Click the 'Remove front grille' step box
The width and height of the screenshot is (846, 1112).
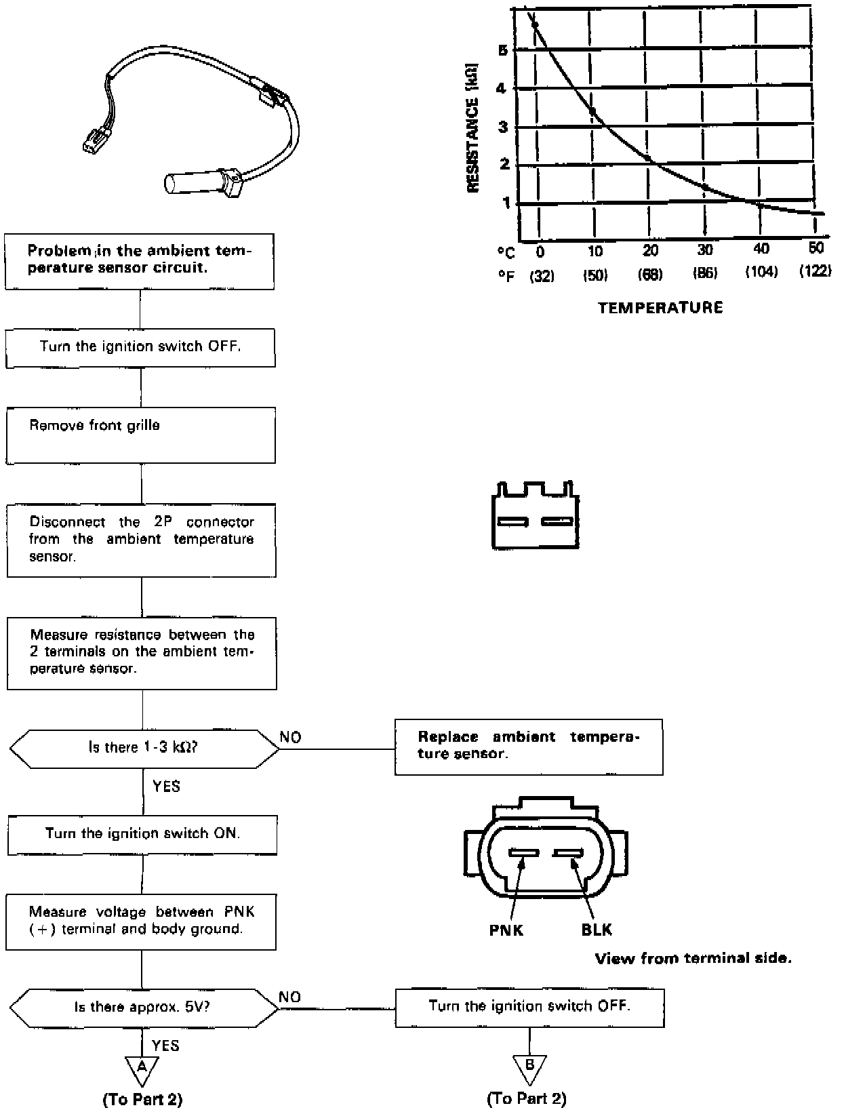click(141, 435)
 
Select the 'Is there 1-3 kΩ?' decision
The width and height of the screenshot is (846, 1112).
click(144, 748)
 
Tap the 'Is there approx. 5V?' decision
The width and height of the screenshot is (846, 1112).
click(144, 1007)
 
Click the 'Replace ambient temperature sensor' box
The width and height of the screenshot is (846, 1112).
click(529, 747)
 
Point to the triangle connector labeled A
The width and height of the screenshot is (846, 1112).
click(142, 1069)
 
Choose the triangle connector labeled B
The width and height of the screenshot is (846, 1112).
click(529, 1068)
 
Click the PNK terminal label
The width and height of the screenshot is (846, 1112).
click(506, 930)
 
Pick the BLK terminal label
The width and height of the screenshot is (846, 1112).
click(597, 930)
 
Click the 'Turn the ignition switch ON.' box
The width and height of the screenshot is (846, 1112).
click(142, 834)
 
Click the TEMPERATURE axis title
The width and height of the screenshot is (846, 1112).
click(660, 308)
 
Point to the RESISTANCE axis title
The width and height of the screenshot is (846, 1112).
click(473, 128)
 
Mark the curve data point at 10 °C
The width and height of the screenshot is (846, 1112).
click(592, 111)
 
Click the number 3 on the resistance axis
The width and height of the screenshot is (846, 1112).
click(502, 127)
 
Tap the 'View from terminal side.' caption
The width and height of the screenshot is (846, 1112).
click(693, 959)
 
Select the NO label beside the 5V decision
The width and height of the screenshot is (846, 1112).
click(289, 997)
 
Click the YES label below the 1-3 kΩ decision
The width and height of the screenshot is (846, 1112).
click(166, 787)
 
